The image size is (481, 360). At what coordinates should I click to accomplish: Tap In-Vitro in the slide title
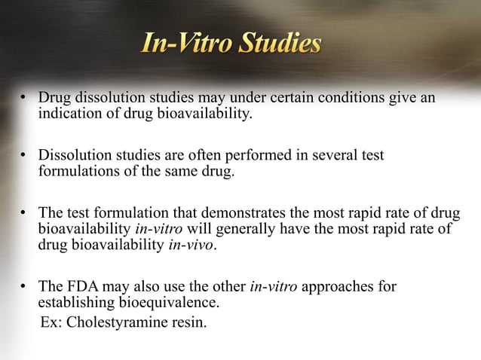click(x=186, y=44)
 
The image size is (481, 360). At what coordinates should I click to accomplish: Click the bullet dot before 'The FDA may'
click(x=24, y=286)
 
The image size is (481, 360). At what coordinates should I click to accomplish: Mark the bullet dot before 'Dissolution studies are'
click(x=24, y=155)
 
